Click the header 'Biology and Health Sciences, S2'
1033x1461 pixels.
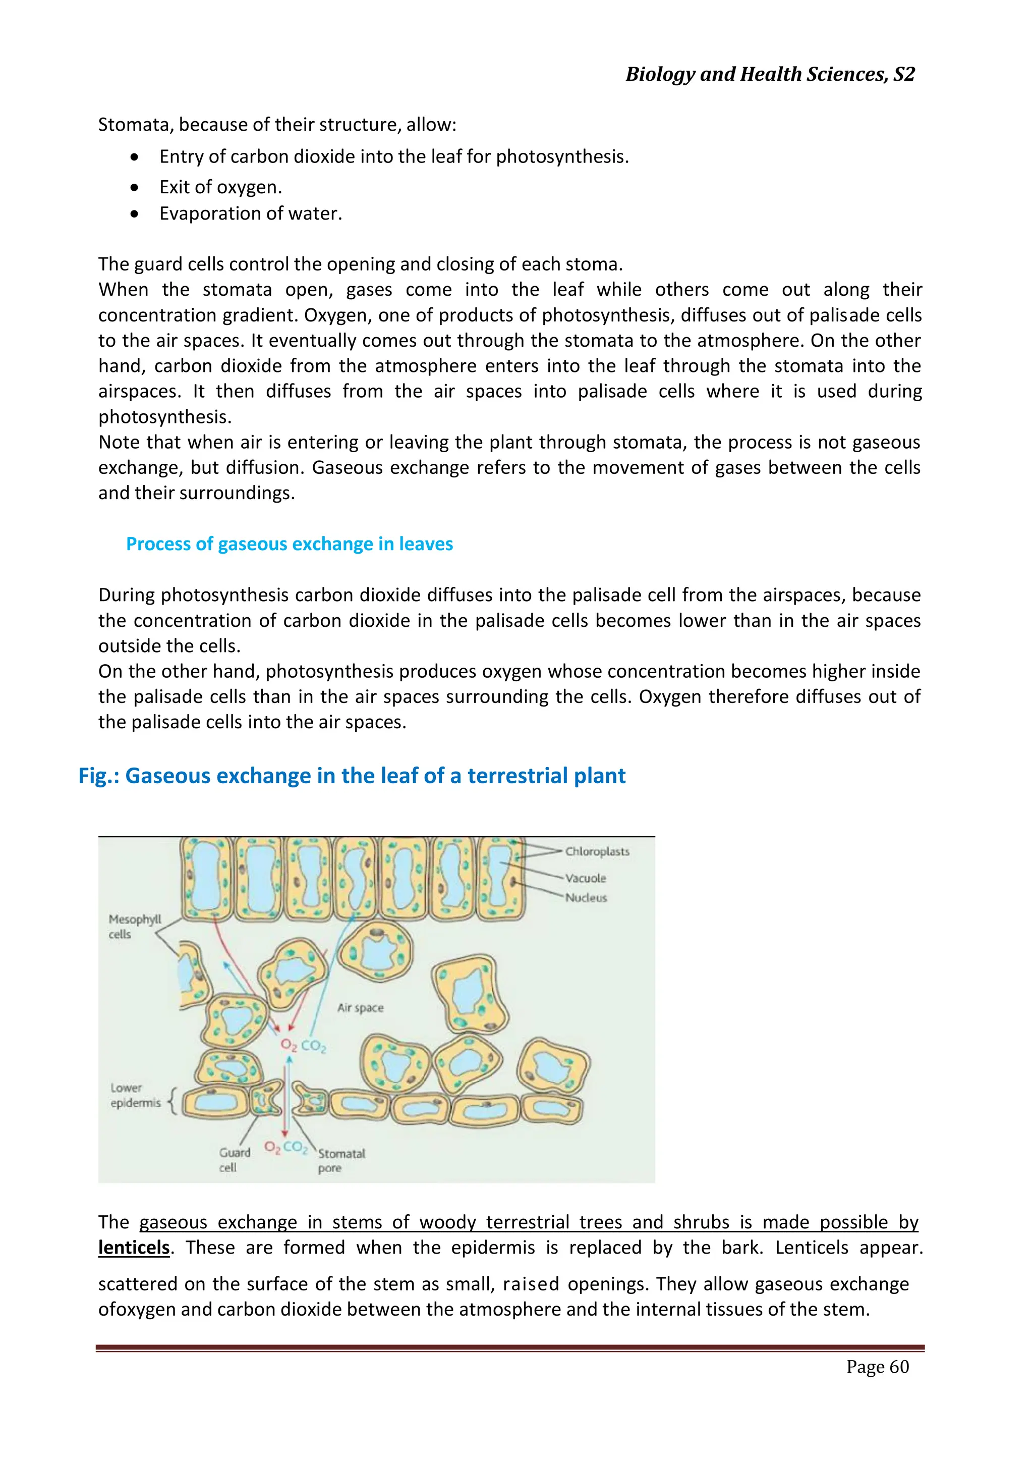click(x=770, y=75)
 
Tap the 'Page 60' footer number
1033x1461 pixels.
click(x=877, y=1366)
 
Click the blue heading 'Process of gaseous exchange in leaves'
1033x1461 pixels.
click(x=290, y=544)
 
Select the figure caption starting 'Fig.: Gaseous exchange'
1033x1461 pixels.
click(x=352, y=776)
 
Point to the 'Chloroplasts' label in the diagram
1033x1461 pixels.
click(x=597, y=851)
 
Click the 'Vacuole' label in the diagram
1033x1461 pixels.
click(x=585, y=878)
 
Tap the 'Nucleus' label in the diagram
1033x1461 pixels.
click(x=586, y=898)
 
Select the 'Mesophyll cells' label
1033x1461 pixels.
click(x=134, y=927)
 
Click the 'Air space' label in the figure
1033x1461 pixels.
click(x=360, y=1008)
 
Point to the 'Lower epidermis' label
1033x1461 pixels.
click(x=135, y=1095)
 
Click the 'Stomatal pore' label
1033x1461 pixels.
click(x=341, y=1160)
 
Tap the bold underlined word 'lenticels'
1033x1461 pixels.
click(x=134, y=1248)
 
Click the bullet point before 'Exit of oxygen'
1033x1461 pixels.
click(x=134, y=188)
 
